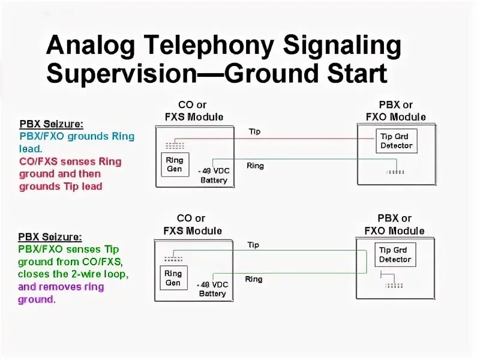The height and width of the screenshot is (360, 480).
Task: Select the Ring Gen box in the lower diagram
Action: [x=173, y=278]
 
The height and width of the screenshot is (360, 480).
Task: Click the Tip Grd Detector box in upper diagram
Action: [x=396, y=140]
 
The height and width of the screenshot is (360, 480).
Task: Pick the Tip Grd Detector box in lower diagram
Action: [x=395, y=254]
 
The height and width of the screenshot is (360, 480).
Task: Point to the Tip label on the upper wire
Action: [x=254, y=131]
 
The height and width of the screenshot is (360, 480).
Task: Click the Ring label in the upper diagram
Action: [x=255, y=166]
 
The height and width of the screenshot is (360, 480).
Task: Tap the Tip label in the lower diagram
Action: [x=253, y=245]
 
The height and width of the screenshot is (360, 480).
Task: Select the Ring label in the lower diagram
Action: [x=253, y=279]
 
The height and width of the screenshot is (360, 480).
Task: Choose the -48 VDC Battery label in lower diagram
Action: [x=212, y=289]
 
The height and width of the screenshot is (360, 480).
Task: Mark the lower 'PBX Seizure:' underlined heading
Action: [x=50, y=237]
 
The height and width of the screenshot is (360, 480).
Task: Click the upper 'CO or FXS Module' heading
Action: [x=193, y=111]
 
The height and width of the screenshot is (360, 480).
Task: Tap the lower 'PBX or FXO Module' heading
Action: [x=394, y=224]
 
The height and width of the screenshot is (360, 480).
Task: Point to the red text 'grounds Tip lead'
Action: [x=61, y=186]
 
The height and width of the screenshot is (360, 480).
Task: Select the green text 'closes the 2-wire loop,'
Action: [x=73, y=274]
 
